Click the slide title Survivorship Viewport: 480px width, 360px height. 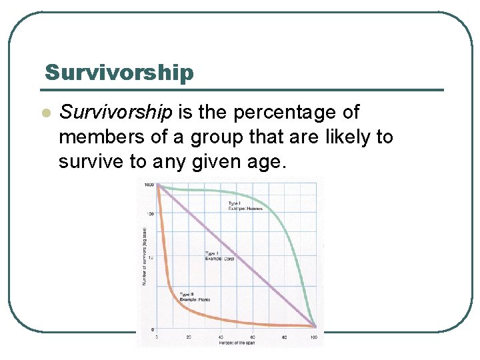(119, 72)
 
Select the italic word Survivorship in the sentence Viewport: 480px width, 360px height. (116, 112)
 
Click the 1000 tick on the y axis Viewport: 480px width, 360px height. (149, 185)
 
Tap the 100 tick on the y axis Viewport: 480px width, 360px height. (150, 214)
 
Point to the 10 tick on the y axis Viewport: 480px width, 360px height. (151, 257)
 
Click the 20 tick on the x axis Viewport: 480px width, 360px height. (189, 337)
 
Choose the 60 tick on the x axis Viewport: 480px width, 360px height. (252, 337)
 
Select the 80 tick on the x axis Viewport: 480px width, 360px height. (284, 337)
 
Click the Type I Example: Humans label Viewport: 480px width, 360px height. (245, 205)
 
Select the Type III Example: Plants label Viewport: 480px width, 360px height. (195, 297)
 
